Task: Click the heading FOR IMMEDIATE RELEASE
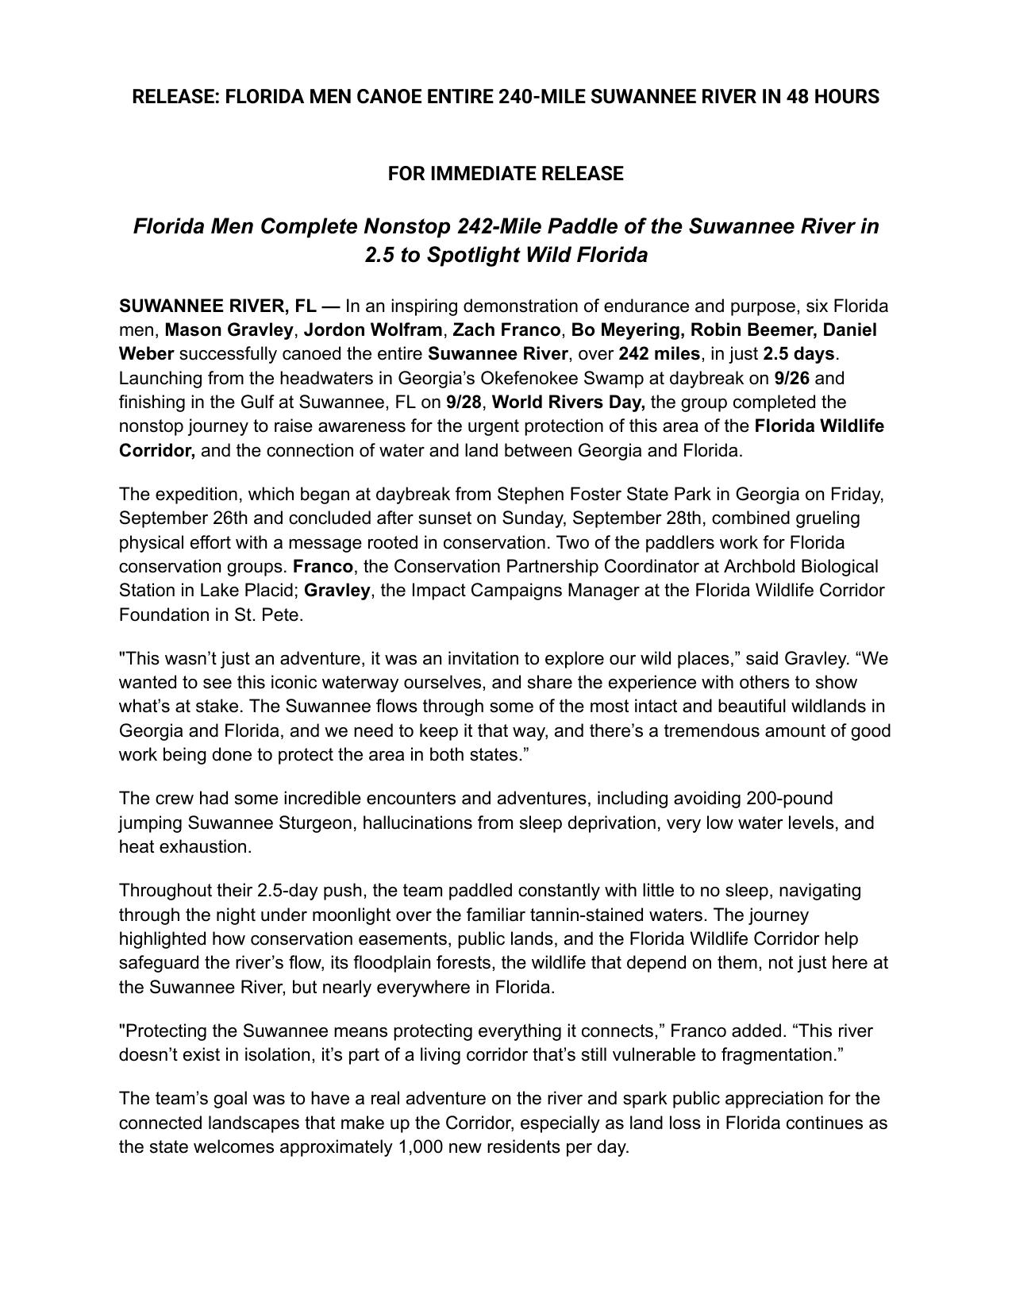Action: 506,174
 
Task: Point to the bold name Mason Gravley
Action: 229,329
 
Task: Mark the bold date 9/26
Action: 791,378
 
